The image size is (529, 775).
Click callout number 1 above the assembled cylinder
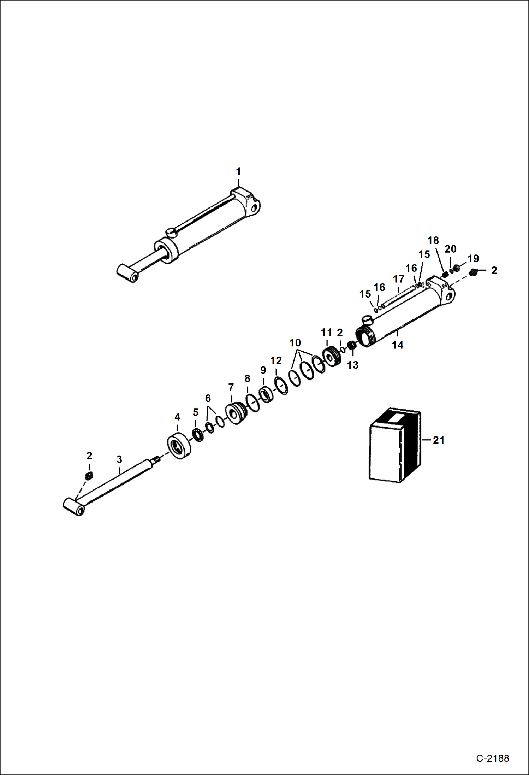[238, 172]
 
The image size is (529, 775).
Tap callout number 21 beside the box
[438, 440]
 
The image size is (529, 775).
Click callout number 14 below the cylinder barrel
[398, 345]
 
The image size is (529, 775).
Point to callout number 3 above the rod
[119, 459]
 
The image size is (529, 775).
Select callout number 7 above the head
[231, 388]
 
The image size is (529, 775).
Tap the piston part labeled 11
[332, 358]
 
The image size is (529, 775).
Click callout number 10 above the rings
[295, 343]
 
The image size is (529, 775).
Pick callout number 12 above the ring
[276, 361]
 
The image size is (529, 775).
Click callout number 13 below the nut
[352, 365]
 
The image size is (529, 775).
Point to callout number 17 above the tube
[399, 279]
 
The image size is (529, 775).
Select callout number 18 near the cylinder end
[433, 241]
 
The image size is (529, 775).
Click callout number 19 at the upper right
[473, 259]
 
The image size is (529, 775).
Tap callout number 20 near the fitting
[450, 249]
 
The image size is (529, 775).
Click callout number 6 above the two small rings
[208, 399]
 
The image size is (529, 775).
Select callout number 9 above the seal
[263, 370]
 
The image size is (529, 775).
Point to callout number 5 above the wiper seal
[196, 412]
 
